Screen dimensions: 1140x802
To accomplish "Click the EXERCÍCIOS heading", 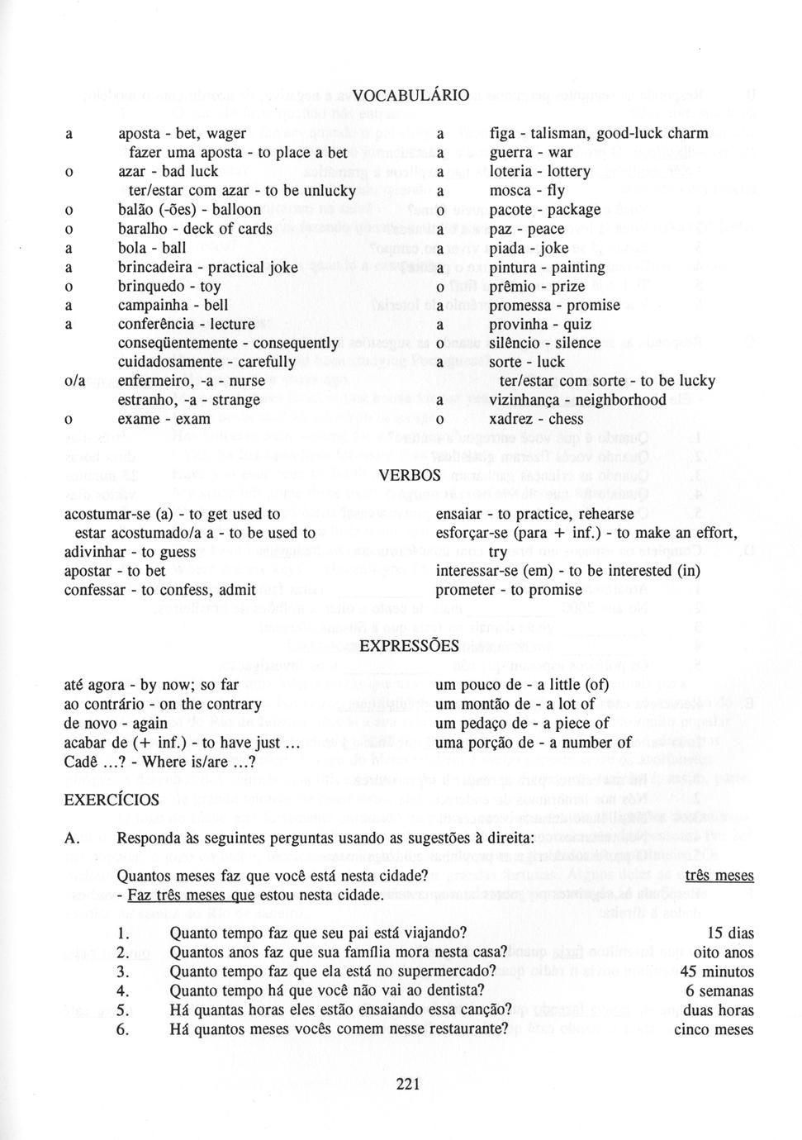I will click(112, 800).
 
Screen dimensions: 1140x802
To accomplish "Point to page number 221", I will click(408, 1085).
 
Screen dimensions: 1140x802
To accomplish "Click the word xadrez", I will click(511, 419).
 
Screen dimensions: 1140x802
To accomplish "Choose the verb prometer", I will click(467, 590).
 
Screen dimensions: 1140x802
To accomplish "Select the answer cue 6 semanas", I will click(719, 990).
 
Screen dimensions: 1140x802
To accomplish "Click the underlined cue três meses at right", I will click(719, 876).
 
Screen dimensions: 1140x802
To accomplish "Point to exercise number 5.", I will click(122, 1009).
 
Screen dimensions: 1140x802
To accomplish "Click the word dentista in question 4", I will click(453, 990).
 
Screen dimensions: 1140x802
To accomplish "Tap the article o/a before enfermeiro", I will click(76, 381).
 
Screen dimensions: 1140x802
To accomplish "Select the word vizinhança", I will click(529, 400).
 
